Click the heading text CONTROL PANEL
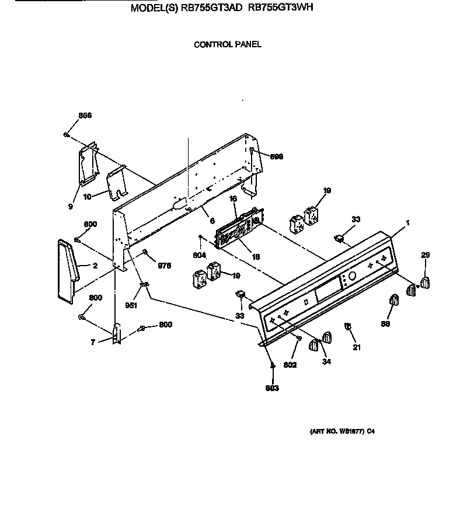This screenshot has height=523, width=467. tap(228, 44)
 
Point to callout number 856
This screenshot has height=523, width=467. tap(85, 116)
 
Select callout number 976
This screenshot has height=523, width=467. tap(164, 266)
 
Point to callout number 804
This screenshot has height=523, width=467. tap(200, 254)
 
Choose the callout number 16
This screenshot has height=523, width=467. tap(233, 199)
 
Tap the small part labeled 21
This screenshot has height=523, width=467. tap(348, 327)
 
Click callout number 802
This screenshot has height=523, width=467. tap(290, 365)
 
